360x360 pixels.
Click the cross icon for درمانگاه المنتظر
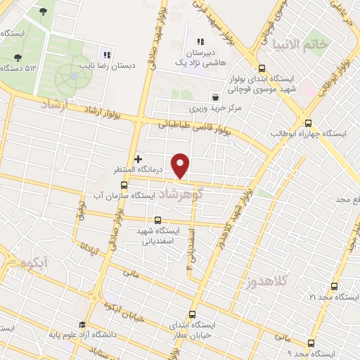click(x=138, y=159)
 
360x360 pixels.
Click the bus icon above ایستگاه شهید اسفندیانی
click(x=157, y=219)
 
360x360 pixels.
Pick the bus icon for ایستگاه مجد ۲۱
click(x=333, y=286)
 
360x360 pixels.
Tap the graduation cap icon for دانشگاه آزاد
click(x=83, y=325)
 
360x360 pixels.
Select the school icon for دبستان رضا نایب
click(x=107, y=55)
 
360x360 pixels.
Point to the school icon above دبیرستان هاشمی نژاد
click(x=200, y=41)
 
